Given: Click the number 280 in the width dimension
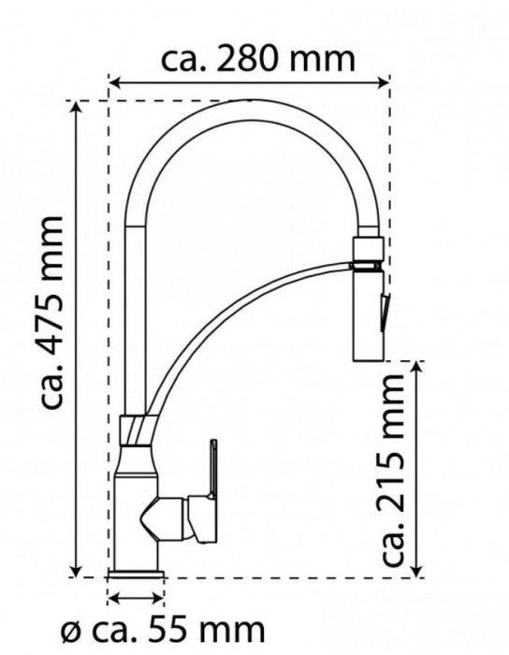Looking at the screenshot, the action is click(248, 59).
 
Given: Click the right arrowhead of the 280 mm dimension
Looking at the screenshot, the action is click(383, 82).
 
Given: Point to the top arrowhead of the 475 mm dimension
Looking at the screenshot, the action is click(76, 108).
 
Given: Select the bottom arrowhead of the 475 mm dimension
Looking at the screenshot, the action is click(76, 570).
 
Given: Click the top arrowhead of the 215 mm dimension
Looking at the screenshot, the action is click(416, 367).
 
